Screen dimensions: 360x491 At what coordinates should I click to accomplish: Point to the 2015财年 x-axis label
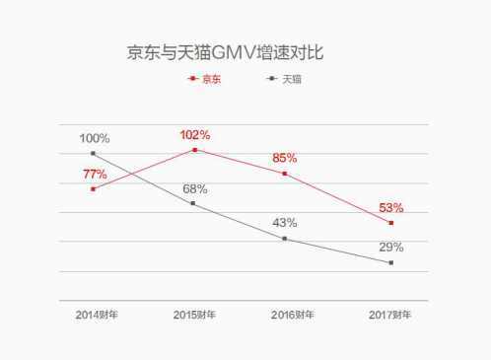194,315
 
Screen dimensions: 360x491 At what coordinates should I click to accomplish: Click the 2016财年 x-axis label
293,315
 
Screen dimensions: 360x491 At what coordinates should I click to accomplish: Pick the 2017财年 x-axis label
390,315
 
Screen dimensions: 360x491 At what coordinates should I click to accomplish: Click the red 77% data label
96,174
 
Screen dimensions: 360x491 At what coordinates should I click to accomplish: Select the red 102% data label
196,135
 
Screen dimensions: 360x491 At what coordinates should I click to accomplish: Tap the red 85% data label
284,157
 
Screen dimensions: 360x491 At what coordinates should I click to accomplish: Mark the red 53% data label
391,207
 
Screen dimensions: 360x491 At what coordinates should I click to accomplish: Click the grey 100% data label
95,138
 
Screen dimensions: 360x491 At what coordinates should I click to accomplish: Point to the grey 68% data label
194,188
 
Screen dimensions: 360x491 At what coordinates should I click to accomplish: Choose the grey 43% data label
284,223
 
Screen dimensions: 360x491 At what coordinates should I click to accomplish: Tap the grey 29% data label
391,247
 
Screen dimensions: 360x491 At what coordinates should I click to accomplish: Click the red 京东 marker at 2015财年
195,150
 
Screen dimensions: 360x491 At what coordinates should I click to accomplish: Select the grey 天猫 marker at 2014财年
93,153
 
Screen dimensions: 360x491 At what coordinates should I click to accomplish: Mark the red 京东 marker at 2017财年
390,223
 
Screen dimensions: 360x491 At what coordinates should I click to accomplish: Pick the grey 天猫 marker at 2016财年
284,239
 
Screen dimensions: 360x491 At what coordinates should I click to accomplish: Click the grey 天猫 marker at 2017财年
390,262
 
